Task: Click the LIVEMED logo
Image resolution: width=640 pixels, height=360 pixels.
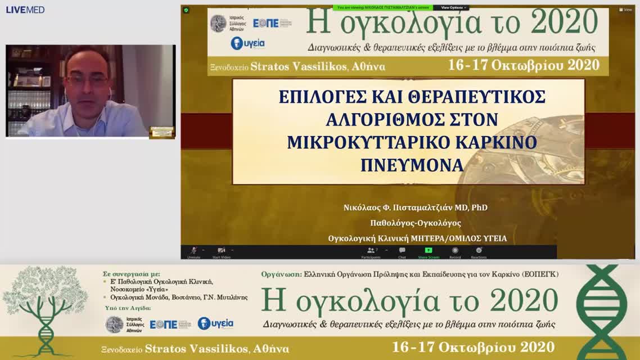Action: (25, 10)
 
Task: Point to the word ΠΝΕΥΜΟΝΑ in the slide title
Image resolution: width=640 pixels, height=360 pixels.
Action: (412, 165)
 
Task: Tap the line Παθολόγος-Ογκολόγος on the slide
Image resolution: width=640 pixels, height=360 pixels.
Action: (415, 223)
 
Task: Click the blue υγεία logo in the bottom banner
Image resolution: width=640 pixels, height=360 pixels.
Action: (215, 323)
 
